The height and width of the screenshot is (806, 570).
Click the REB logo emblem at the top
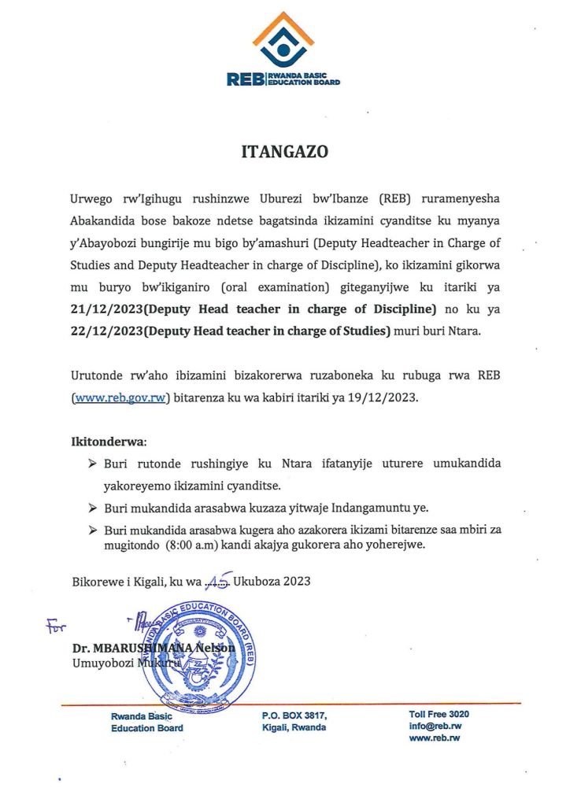283,39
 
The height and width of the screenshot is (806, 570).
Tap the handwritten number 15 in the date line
216,581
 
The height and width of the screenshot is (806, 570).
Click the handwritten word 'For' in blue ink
56,626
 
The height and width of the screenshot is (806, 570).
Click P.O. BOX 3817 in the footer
294,715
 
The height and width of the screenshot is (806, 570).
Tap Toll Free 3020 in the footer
439,714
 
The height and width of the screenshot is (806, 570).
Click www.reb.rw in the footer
434,738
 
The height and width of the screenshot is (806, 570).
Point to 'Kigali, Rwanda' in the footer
294,727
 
